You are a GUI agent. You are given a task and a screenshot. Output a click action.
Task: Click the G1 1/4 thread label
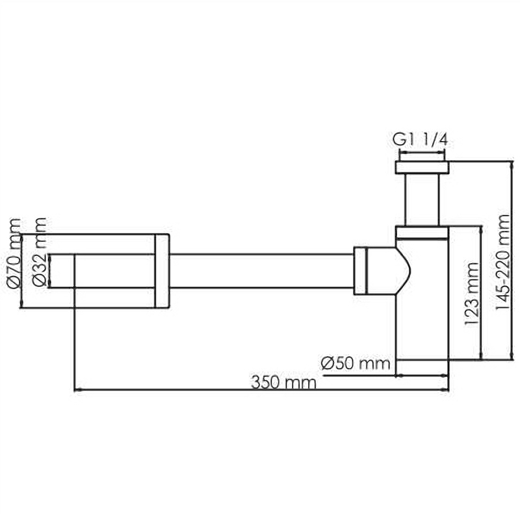420,140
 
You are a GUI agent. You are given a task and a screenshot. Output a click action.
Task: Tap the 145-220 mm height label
502,262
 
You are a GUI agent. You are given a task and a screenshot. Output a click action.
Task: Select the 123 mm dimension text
472,294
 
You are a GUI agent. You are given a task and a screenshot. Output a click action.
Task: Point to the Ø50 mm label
355,363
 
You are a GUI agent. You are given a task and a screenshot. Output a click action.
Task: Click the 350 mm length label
283,382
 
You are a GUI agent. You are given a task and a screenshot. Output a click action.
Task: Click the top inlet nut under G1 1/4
422,167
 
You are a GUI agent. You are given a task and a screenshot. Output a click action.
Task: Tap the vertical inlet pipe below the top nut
422,200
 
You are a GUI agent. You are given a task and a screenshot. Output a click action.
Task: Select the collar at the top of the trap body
422,233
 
